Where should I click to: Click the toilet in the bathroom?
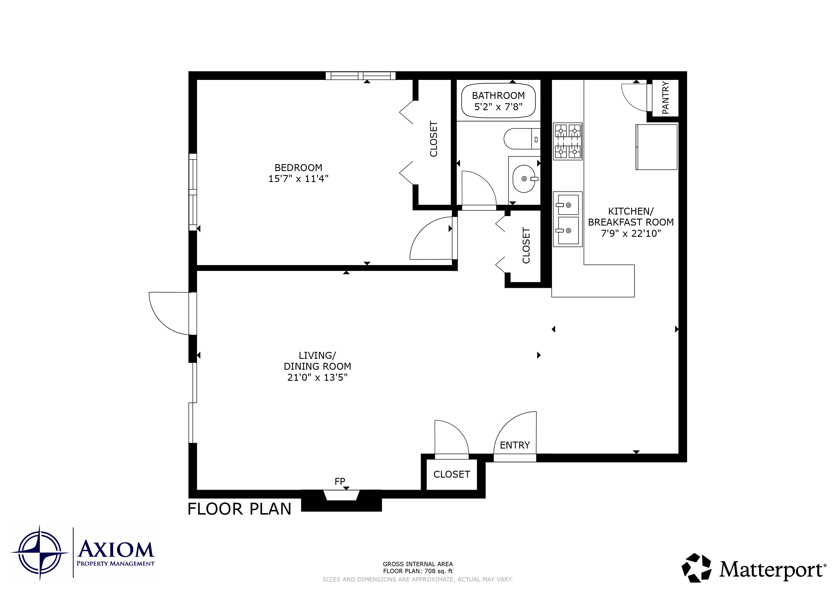click(522, 139)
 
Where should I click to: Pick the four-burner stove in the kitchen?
click(568, 142)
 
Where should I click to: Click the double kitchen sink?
click(568, 219)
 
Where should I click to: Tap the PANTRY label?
click(665, 97)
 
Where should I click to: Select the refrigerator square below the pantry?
click(657, 147)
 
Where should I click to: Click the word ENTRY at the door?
click(515, 445)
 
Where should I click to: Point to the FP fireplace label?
click(340, 481)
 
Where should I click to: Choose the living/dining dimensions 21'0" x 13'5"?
click(317, 377)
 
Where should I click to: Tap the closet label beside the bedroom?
click(433, 139)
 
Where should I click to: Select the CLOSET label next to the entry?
click(452, 474)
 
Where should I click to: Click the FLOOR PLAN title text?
click(239, 509)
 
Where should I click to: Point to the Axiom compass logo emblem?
click(40, 552)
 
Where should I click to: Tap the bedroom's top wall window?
click(360, 76)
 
